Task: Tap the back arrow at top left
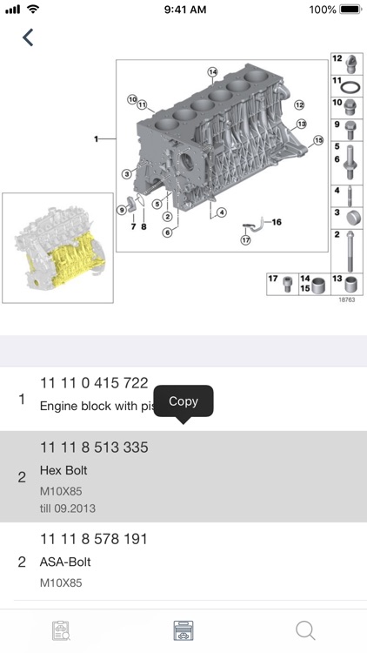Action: click(29, 37)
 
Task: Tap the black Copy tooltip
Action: click(183, 401)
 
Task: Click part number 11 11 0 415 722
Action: click(94, 382)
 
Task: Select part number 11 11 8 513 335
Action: click(94, 448)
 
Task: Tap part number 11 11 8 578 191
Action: click(94, 540)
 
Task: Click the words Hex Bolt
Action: click(64, 471)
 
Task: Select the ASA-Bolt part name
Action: click(66, 562)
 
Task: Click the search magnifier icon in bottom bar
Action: click(305, 630)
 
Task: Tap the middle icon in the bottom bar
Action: click(183, 630)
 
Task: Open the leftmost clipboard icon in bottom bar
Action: click(61, 630)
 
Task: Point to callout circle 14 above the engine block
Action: click(211, 71)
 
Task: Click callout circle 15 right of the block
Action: click(317, 139)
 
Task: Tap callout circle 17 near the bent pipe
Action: click(245, 240)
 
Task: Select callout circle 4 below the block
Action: click(222, 212)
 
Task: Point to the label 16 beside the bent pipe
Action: click(277, 222)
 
